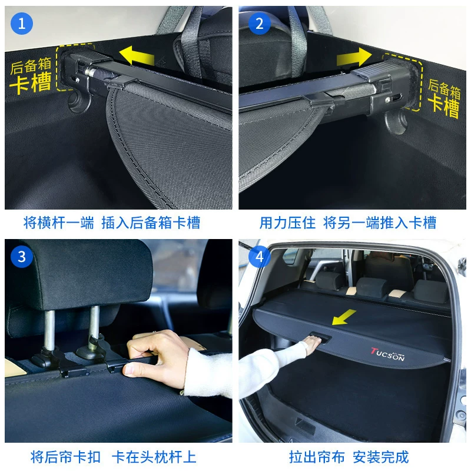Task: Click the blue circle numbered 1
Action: coord(22,24)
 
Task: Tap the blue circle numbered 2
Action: coord(260,24)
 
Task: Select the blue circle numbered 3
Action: coord(22,257)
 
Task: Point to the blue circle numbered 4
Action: coord(260,257)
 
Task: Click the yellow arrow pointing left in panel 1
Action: coord(137,55)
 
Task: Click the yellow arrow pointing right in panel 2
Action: coord(354,57)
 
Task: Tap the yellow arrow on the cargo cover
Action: coord(344,317)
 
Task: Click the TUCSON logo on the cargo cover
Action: coord(387,354)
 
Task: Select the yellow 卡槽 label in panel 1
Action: coord(31,82)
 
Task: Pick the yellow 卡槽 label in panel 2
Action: coord(443,106)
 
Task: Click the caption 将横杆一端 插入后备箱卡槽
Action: coord(112,223)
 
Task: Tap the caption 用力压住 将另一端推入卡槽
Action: coord(348,223)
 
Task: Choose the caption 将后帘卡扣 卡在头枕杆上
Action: coord(114,457)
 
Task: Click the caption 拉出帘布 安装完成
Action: coord(349,457)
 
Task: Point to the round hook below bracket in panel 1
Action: coord(79,102)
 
